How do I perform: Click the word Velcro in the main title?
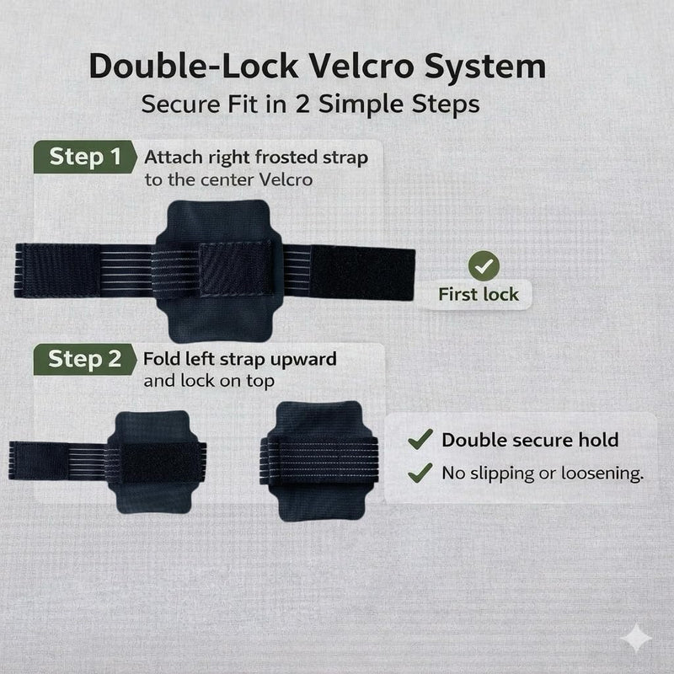pyautogui.click(x=361, y=67)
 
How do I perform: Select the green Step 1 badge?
pyautogui.click(x=85, y=157)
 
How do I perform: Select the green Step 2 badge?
pyautogui.click(x=85, y=360)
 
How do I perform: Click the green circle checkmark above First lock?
pyautogui.click(x=484, y=266)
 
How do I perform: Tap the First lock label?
pyautogui.click(x=479, y=294)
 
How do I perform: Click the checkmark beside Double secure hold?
pyautogui.click(x=420, y=439)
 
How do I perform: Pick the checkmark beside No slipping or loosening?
pyautogui.click(x=420, y=473)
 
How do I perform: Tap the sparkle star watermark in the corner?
pyautogui.click(x=636, y=638)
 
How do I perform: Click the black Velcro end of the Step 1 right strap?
pyautogui.click(x=362, y=273)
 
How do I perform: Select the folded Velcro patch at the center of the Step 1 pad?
pyautogui.click(x=236, y=269)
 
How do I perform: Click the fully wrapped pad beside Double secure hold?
pyautogui.click(x=319, y=461)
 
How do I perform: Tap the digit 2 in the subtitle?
pyautogui.click(x=302, y=104)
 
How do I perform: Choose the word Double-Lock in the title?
pyautogui.click(x=194, y=67)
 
